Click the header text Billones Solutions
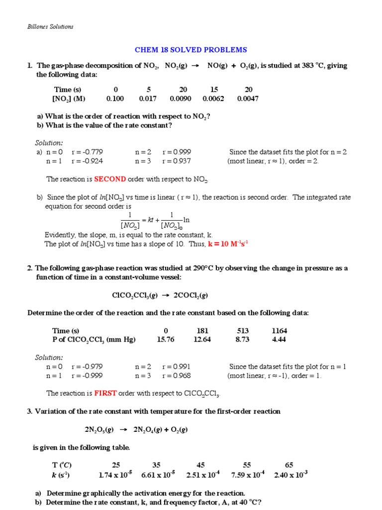[50, 27]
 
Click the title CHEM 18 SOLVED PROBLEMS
[191, 50]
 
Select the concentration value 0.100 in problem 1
[115, 99]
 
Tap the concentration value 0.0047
[248, 99]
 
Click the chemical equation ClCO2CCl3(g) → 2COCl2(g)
[160, 295]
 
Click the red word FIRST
[105, 393]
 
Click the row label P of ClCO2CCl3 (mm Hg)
[94, 340]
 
